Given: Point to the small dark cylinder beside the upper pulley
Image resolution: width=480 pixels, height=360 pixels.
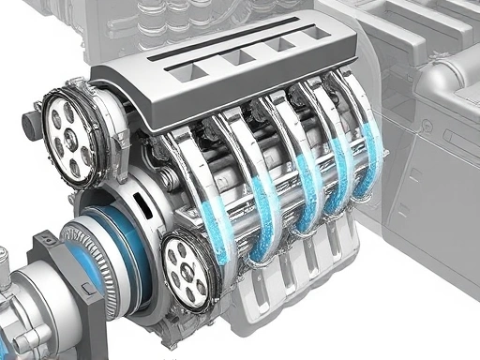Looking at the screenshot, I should [30, 125].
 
